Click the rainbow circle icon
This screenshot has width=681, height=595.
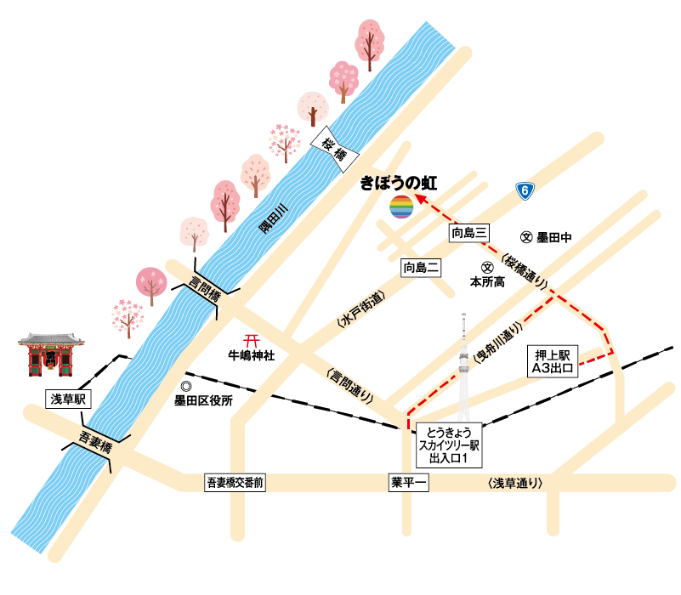401,207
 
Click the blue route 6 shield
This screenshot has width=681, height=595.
526,192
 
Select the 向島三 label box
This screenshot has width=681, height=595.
470,233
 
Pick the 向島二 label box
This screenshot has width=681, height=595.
423,269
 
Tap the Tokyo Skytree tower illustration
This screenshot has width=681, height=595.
464,357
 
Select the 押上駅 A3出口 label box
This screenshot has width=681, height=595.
554,360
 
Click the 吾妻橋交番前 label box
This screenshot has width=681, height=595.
236,482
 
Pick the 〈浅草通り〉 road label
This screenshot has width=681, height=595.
516,483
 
